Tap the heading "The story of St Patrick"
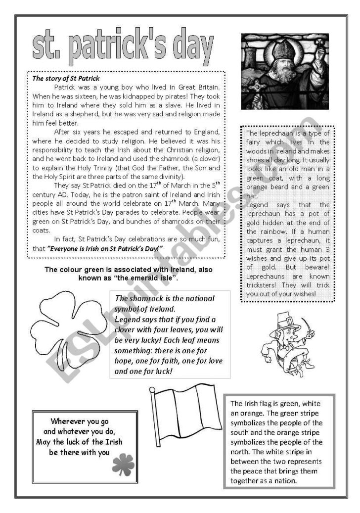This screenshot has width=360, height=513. click(x=66, y=78)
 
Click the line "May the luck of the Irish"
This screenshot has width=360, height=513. click(x=79, y=442)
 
